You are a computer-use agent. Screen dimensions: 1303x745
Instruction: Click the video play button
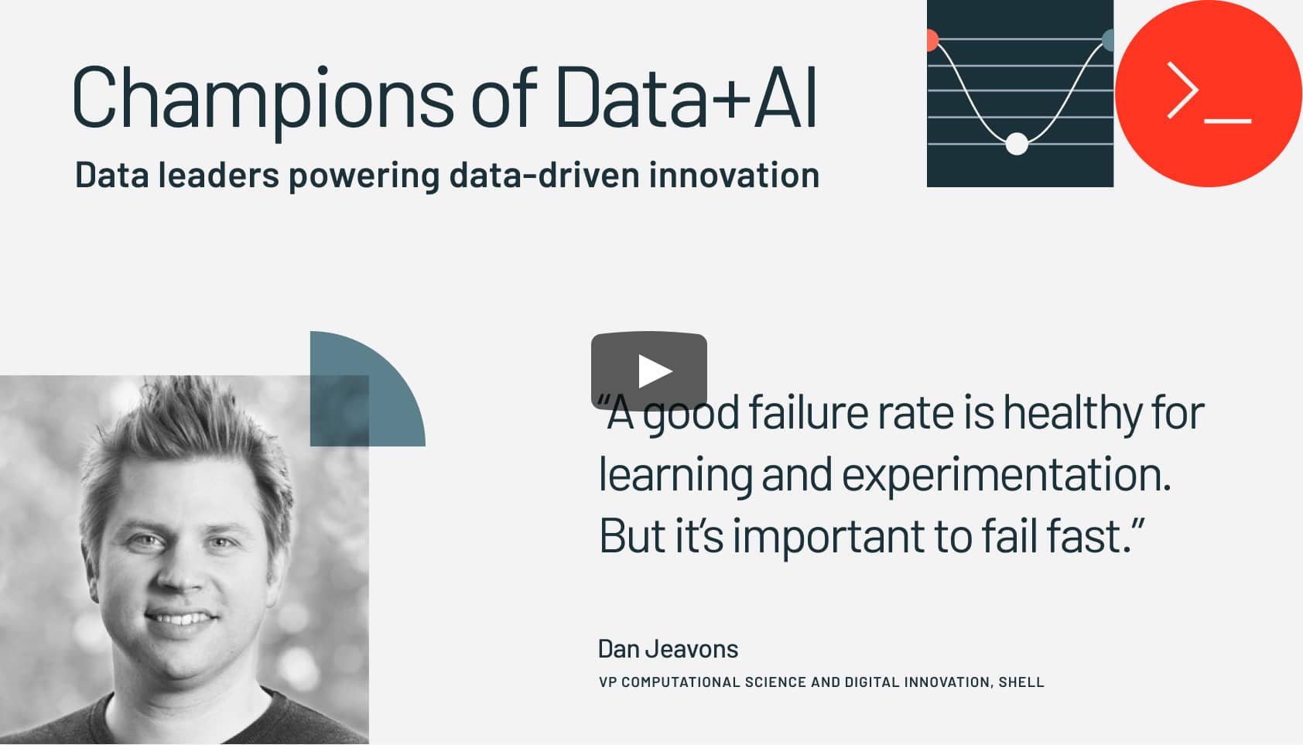click(649, 371)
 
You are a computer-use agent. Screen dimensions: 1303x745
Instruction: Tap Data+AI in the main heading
click(686, 97)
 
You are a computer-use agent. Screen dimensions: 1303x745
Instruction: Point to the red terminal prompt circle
click(1208, 93)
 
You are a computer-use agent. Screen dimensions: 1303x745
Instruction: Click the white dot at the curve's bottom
click(1017, 144)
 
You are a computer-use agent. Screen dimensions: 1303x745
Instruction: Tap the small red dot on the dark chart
click(932, 40)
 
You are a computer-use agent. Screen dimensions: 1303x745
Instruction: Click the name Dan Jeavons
click(668, 649)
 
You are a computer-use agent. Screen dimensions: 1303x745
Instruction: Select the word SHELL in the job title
click(1021, 682)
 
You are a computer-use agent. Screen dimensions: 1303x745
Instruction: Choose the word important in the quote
click(829, 537)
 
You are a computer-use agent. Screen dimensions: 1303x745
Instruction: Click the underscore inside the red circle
click(1227, 121)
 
